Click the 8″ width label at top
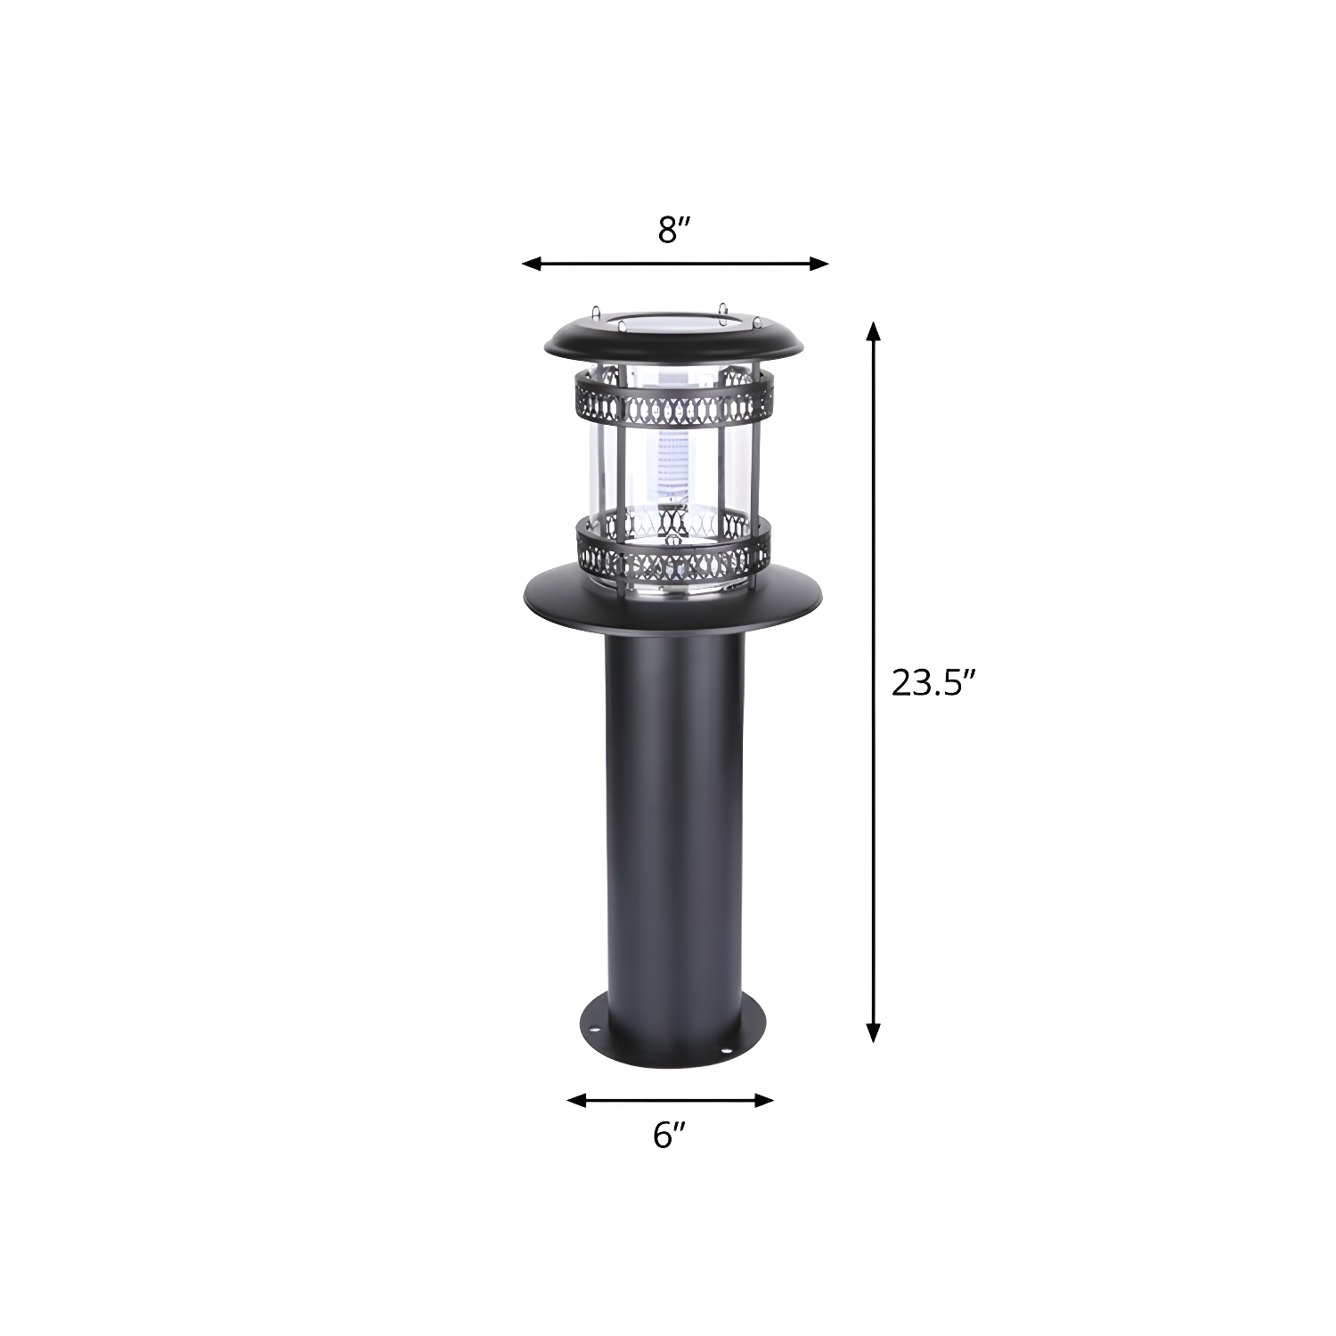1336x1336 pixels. pos(674,230)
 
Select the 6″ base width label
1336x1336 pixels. pos(669,1135)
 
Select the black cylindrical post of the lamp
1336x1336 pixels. pos(672,802)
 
